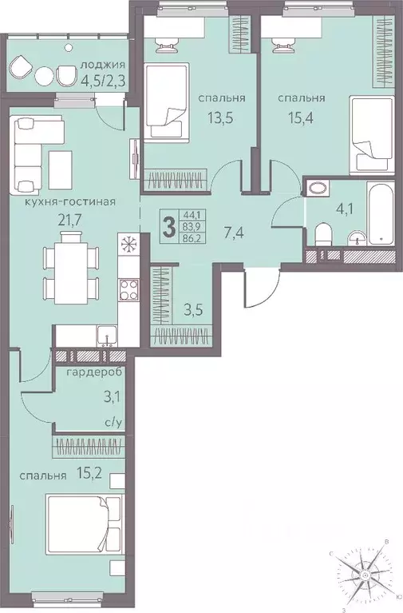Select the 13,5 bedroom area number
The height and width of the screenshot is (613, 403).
(220, 117)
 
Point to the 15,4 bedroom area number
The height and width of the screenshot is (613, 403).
(301, 117)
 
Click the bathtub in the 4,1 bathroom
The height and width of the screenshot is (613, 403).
(381, 213)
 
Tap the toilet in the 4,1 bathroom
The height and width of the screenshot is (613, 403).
(323, 234)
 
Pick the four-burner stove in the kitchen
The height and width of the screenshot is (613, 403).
(128, 289)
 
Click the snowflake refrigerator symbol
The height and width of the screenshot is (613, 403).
(128, 243)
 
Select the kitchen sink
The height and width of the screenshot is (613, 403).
(106, 336)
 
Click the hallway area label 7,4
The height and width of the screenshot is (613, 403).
(234, 234)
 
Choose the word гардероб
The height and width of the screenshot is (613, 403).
(94, 372)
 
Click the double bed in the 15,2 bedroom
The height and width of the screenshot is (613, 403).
(85, 524)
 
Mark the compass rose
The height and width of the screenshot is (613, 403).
(364, 575)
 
